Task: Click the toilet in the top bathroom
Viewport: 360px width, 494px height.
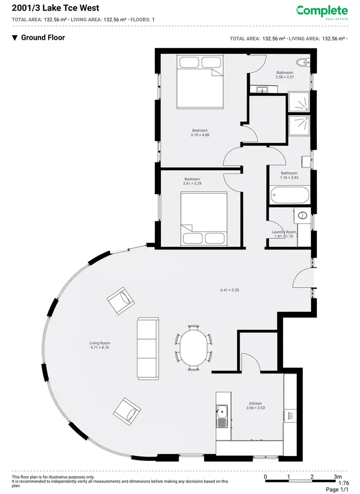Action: click(x=302, y=62)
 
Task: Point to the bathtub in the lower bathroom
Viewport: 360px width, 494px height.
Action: click(x=290, y=196)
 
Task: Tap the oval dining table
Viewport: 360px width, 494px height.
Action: click(x=194, y=348)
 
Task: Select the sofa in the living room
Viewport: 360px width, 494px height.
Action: click(x=147, y=347)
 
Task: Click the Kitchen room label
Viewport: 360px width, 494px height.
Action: click(x=255, y=403)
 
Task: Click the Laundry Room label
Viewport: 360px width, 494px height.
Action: click(x=284, y=232)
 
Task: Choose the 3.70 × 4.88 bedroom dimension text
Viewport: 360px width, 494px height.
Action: click(x=200, y=135)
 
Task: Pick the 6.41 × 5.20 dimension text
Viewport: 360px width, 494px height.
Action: click(x=229, y=290)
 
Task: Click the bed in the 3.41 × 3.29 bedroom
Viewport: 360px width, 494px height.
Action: click(x=204, y=218)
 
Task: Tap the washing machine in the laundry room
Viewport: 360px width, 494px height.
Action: click(x=303, y=216)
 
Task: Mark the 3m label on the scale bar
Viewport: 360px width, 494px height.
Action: click(x=338, y=477)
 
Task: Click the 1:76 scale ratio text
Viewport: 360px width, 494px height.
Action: click(x=344, y=483)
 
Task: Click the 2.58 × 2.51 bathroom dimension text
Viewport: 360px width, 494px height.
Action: click(x=284, y=77)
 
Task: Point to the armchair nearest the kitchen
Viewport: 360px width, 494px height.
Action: click(x=127, y=410)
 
